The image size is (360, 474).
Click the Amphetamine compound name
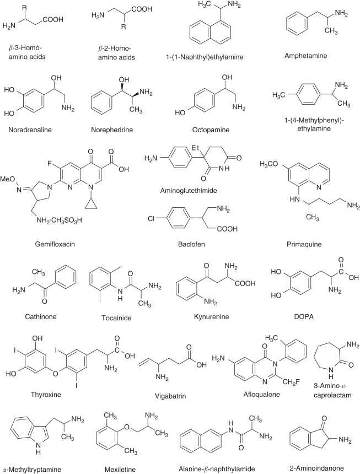click(x=305, y=56)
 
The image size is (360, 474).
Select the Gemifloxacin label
click(x=55, y=244)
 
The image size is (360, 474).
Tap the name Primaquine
click(x=304, y=244)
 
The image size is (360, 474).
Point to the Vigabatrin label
click(x=170, y=396)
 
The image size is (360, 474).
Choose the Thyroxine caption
click(x=46, y=394)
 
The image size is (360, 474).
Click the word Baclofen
click(x=191, y=244)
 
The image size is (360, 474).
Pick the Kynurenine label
click(x=211, y=316)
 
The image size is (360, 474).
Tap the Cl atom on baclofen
click(x=151, y=218)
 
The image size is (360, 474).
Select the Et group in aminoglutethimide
click(x=196, y=148)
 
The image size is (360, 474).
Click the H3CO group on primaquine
click(x=268, y=164)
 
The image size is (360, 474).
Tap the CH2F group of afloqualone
click(x=292, y=382)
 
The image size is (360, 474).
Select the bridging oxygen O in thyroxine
click(x=55, y=374)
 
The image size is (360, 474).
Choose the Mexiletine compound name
click(x=120, y=470)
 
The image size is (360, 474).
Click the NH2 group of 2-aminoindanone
click(x=345, y=440)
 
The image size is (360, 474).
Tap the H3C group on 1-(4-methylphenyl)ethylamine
click(x=278, y=95)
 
